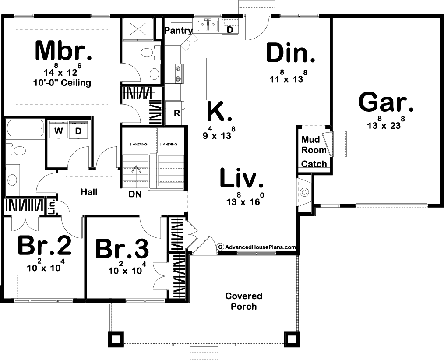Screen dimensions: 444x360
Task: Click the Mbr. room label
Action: tap(63, 51)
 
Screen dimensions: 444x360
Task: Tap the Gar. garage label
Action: tap(386, 102)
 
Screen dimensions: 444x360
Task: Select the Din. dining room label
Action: tap(291, 53)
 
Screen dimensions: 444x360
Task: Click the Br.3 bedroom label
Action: tap(122, 249)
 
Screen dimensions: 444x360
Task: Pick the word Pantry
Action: tap(178, 30)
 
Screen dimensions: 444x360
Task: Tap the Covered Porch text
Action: tap(244, 301)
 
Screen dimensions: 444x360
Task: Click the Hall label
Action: tap(89, 192)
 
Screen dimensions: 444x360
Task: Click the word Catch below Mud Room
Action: tap(314, 164)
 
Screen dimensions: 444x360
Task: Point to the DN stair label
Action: tap(135, 194)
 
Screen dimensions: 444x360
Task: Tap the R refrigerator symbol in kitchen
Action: tap(177, 113)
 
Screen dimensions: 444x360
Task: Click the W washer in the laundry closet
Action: tap(59, 131)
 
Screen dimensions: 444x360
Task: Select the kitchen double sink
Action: tap(208, 26)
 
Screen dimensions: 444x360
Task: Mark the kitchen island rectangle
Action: tap(218, 78)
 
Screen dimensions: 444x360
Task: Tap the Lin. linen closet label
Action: tap(52, 207)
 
